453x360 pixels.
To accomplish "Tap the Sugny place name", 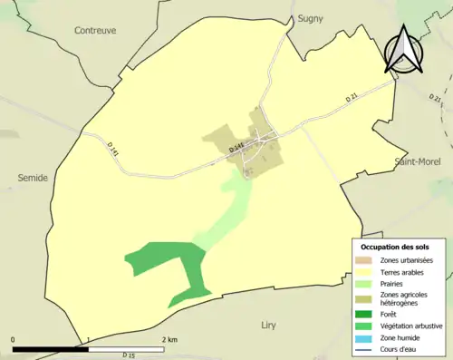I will (x=310, y=17).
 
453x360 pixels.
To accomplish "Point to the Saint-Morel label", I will (x=416, y=161).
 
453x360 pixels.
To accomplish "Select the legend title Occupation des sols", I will (x=395, y=247).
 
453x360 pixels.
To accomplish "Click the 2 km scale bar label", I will (x=169, y=340).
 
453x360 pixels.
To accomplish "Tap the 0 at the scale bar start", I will (x=14, y=340).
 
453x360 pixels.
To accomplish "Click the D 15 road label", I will (x=128, y=355).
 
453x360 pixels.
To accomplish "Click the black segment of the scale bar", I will (x=51, y=348).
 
